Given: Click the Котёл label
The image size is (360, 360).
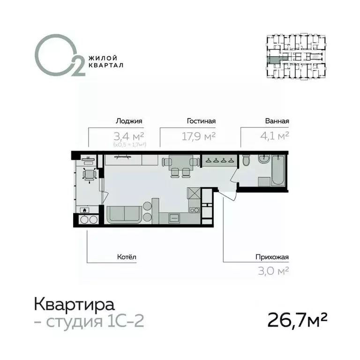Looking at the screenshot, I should pos(127,257).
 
